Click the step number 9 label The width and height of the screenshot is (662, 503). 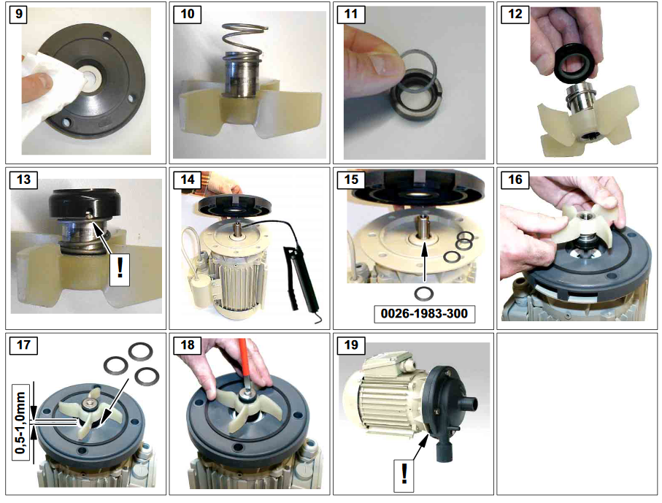pyautogui.click(x=18, y=14)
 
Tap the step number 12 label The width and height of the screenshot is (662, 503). pyautogui.click(x=515, y=14)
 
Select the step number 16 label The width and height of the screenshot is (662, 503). pyautogui.click(x=515, y=180)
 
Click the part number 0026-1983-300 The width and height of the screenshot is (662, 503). pyautogui.click(x=424, y=313)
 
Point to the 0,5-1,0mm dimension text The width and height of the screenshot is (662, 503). pyautogui.click(x=20, y=423)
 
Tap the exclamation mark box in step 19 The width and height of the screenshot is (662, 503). pyautogui.click(x=404, y=475)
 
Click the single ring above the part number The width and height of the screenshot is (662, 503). pyautogui.click(x=423, y=292)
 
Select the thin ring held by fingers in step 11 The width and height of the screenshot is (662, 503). pyautogui.click(x=417, y=69)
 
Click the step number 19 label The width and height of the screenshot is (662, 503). pyautogui.click(x=351, y=345)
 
